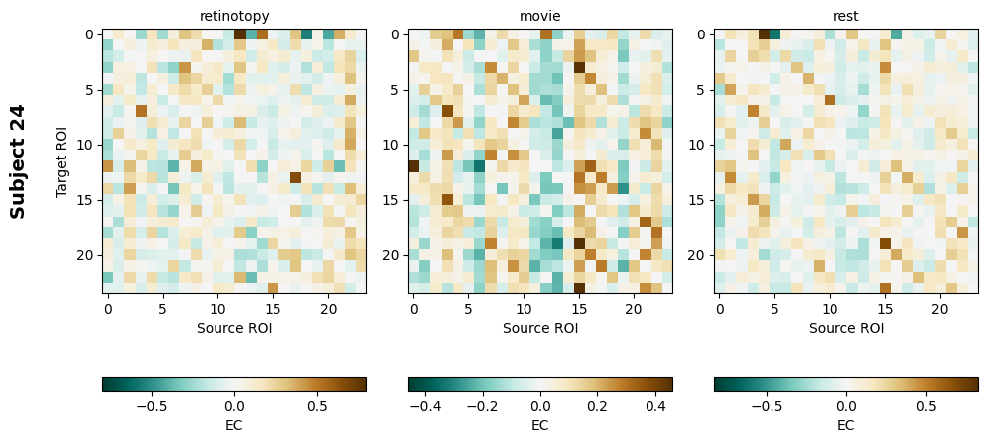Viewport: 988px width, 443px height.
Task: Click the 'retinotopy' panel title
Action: point(234,16)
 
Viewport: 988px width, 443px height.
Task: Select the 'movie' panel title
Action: point(540,16)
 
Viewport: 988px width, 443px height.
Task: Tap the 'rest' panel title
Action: point(846,16)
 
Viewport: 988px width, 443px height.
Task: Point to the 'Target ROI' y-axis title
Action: point(62,161)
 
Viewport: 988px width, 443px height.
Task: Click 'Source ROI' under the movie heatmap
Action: point(540,328)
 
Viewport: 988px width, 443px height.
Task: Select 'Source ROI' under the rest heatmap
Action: point(846,328)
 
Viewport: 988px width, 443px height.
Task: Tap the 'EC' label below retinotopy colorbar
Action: point(234,425)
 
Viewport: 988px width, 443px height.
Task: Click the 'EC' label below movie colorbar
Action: point(540,425)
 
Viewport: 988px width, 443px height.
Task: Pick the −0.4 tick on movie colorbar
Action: point(425,405)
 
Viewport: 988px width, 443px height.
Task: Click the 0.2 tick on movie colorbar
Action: point(598,405)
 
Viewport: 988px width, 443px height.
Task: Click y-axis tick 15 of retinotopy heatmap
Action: point(89,200)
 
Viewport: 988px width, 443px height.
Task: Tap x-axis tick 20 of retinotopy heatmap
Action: point(328,309)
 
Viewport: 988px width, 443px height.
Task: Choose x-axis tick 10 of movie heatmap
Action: point(524,309)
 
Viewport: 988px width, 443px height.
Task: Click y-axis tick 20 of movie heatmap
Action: point(395,255)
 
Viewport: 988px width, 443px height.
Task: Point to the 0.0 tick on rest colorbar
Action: point(846,405)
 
